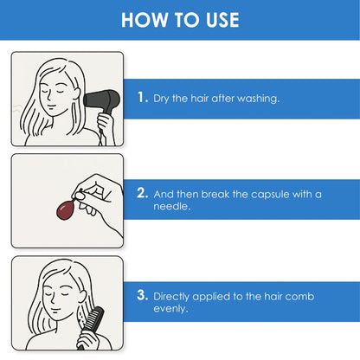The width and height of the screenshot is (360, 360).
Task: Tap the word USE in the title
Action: [222, 20]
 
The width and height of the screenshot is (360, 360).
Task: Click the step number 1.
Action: [142, 97]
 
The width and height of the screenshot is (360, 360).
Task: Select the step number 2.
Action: [143, 193]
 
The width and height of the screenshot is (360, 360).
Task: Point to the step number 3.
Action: [143, 295]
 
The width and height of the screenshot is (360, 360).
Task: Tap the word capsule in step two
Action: [270, 195]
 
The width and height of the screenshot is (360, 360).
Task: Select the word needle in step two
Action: [172, 206]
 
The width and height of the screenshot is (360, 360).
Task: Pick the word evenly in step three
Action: [170, 309]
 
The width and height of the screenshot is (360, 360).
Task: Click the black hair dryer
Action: [102, 102]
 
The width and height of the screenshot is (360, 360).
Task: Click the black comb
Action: [92, 326]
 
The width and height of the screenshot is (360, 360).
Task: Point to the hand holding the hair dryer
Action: [105, 125]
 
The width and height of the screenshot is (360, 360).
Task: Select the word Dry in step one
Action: [160, 99]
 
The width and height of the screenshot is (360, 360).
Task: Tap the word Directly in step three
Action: [171, 297]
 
